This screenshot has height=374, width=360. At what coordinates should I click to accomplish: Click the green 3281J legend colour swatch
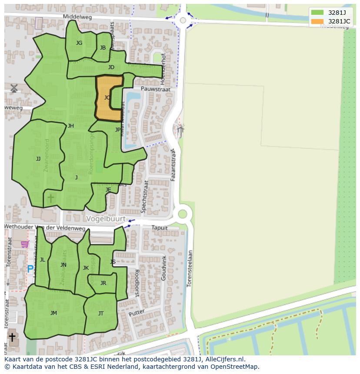(317, 13)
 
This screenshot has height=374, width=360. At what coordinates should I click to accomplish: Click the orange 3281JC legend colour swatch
(317, 21)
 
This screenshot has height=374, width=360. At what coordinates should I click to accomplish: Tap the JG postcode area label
(79, 43)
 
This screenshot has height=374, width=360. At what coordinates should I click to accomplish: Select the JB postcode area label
(103, 48)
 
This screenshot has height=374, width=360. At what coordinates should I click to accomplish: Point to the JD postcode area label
(111, 67)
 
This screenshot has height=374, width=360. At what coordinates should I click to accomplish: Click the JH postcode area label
(71, 126)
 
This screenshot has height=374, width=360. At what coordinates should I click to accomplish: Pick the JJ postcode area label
(38, 159)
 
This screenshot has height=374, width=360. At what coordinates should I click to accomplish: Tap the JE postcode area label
(108, 190)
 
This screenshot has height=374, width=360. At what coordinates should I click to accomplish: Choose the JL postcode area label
(43, 260)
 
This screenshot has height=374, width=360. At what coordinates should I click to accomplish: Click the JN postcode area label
(63, 265)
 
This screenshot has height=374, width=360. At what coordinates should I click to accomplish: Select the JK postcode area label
(86, 268)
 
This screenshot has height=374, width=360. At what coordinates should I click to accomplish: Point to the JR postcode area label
(103, 283)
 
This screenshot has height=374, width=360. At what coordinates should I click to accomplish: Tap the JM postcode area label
(53, 313)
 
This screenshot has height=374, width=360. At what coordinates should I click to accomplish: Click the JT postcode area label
(101, 314)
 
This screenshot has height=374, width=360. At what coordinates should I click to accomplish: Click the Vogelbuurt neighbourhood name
(106, 219)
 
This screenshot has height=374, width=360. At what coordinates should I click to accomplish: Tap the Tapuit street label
(159, 228)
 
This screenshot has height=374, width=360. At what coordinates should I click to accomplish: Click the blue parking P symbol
(30, 269)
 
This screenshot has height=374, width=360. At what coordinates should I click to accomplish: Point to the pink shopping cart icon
(25, 245)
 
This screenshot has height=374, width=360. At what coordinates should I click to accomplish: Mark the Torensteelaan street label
(189, 268)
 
